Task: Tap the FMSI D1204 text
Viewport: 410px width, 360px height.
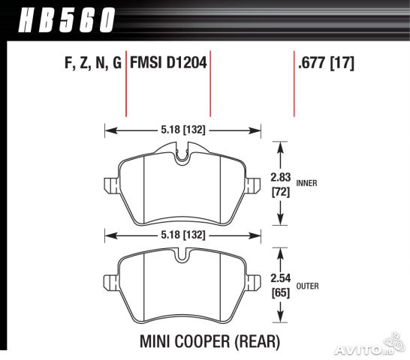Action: pyautogui.click(x=169, y=64)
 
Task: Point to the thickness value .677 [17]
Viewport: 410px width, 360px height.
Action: pyautogui.click(x=326, y=64)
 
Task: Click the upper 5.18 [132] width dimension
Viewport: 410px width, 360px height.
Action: pyautogui.click(x=182, y=130)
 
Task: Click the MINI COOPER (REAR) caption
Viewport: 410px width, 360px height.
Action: pyautogui.click(x=210, y=342)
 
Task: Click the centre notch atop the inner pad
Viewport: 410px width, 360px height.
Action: pyautogui.click(x=182, y=156)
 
